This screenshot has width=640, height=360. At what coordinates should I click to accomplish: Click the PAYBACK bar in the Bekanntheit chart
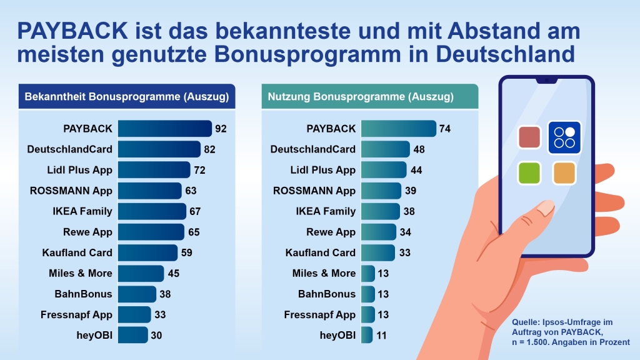coord(165,129)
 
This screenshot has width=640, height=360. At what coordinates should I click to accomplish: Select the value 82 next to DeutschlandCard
coord(209,149)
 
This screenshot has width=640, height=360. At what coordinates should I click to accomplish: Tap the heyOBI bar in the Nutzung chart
coord(367,335)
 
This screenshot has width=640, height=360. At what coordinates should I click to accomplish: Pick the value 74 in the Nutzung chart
coord(445,129)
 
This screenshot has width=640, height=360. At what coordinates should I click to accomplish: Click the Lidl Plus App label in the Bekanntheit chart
coord(79,170)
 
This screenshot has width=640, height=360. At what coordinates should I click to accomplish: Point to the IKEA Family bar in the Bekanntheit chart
coord(152,211)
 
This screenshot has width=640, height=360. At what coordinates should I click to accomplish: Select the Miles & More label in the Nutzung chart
coord(324,273)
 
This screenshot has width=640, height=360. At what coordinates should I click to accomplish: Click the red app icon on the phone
coord(529,137)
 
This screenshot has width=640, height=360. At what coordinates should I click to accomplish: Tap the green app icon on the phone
coord(529,172)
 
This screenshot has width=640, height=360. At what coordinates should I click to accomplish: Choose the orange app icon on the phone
coord(564,172)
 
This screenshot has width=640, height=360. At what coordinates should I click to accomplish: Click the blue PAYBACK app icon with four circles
coord(564,137)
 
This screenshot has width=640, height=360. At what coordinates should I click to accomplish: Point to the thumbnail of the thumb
coord(545,207)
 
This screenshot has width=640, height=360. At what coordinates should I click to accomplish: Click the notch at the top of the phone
coord(546,80)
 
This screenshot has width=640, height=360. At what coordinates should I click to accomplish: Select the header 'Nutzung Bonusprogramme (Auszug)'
coord(361,97)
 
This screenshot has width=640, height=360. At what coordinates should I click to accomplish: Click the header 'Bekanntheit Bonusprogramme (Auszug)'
coord(126,97)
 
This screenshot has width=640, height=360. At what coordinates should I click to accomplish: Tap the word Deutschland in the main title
coord(505,54)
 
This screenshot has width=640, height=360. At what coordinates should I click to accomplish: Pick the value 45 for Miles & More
coord(174,274)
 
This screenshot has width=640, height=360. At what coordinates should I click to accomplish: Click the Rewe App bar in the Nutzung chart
coord(379,232)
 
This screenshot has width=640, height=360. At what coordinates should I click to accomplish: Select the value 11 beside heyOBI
coord(381,336)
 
